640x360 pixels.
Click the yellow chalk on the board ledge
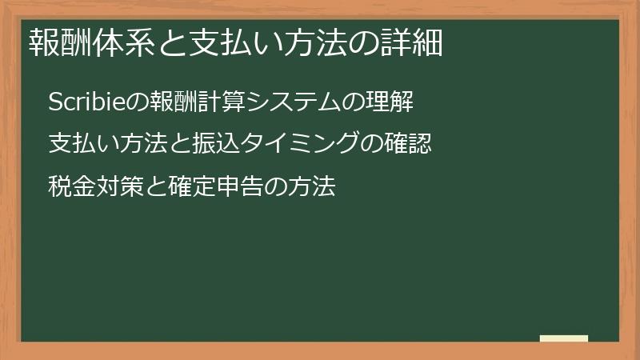(x=563, y=338)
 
